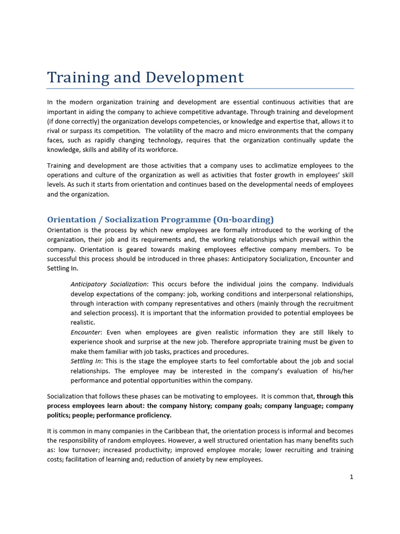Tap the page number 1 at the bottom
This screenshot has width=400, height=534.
coord(352,477)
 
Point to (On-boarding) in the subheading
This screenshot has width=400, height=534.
coord(243,220)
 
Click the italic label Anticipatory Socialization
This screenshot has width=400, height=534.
coord(109,284)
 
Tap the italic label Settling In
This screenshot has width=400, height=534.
coord(86,361)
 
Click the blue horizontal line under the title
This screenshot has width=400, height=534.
coord(200,89)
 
